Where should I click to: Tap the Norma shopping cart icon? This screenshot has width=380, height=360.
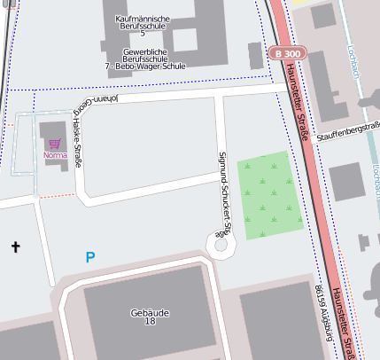click(55, 143)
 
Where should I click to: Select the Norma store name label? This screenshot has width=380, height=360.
click(55, 156)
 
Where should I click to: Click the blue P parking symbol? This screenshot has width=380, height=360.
click(89, 257)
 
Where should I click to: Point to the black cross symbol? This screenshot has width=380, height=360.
click(14, 246)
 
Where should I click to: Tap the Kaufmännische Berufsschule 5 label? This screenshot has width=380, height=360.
click(143, 24)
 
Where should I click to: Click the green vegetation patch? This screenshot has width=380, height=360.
click(275, 194)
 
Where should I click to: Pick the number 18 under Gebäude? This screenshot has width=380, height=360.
click(149, 323)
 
